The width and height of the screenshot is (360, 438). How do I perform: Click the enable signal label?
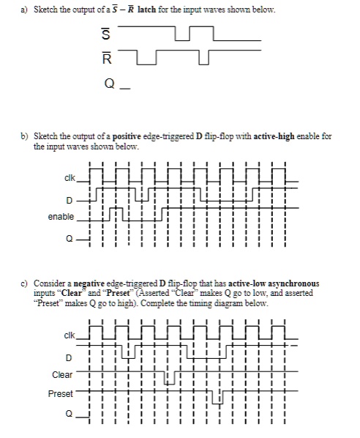pyautogui.click(x=61, y=218)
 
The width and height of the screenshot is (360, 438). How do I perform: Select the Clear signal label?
pyautogui.click(x=62, y=375)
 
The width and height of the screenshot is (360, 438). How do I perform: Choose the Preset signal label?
pyautogui.click(x=61, y=394)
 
